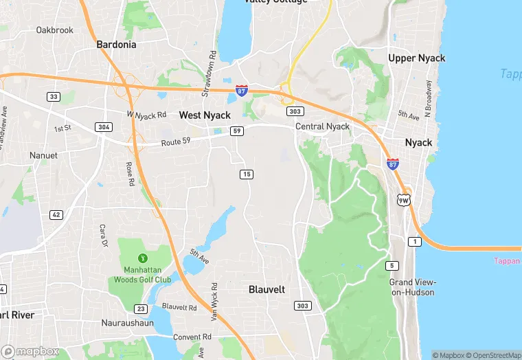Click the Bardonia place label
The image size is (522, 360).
click(x=116, y=45)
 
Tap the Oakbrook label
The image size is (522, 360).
click(x=54, y=30)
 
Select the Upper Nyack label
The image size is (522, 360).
click(x=416, y=58)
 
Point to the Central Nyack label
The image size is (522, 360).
click(x=322, y=126)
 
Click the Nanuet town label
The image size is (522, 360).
click(x=43, y=155)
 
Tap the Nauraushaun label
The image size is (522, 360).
click(x=122, y=322)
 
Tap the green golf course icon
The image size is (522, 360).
click(x=144, y=258)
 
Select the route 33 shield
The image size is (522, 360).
click(x=53, y=97)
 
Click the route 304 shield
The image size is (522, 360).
click(x=104, y=127)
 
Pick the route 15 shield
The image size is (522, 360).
click(x=247, y=174)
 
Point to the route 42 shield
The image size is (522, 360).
click(x=56, y=215)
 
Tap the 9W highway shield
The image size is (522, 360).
click(x=403, y=199)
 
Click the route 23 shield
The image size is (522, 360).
click(x=141, y=308)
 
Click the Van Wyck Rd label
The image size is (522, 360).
click(x=214, y=301)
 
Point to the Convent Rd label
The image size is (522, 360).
click(x=192, y=337)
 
